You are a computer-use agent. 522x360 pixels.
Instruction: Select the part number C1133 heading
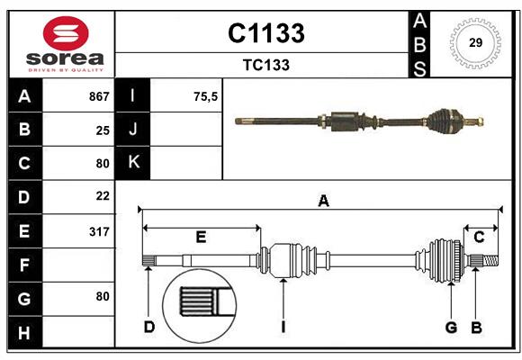click(x=265, y=33)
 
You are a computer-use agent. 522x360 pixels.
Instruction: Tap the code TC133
click(x=265, y=65)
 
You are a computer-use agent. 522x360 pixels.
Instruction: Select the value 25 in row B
click(x=103, y=130)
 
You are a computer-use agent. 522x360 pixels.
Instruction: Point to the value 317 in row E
click(x=99, y=231)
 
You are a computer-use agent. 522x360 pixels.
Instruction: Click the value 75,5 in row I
click(x=206, y=96)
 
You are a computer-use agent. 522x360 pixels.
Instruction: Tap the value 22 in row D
click(x=103, y=195)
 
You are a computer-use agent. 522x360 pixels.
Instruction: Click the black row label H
click(x=24, y=333)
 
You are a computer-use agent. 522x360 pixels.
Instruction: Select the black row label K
click(x=134, y=163)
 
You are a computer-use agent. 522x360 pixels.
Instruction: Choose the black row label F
click(x=24, y=265)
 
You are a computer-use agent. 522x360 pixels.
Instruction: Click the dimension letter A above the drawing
click(x=323, y=202)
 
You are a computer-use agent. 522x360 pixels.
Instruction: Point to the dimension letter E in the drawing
click(x=201, y=238)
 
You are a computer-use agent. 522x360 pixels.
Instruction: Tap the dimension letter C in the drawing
click(x=480, y=238)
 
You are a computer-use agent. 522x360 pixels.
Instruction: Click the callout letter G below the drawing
click(x=451, y=327)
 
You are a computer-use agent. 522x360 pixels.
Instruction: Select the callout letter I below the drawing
click(x=283, y=327)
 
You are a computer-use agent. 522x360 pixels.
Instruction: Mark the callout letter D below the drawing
click(x=149, y=327)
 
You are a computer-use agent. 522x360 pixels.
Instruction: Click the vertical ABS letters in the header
click(x=420, y=43)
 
